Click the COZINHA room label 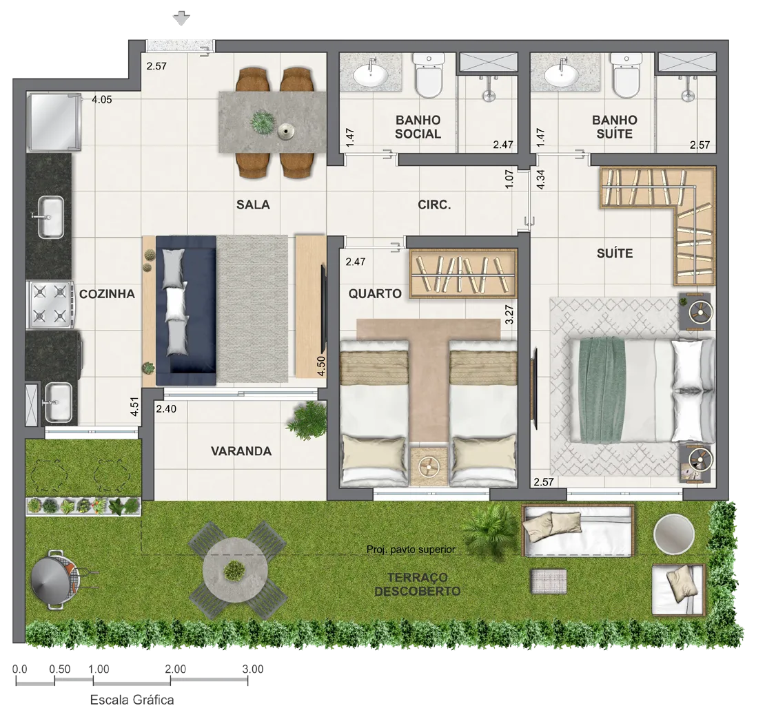[x=107, y=294]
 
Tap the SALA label [x=253, y=205]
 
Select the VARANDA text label [x=241, y=451]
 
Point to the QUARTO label [x=375, y=293]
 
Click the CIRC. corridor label [x=434, y=205]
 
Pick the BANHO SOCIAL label [x=418, y=127]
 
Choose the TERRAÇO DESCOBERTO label [x=417, y=585]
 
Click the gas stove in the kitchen [x=50, y=304]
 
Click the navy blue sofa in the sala [x=186, y=311]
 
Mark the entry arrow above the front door [x=181, y=19]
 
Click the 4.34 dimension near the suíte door [x=540, y=179]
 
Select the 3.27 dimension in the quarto [x=509, y=315]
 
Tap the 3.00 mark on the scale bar [x=253, y=669]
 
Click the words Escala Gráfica [x=132, y=700]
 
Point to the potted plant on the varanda [x=307, y=419]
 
